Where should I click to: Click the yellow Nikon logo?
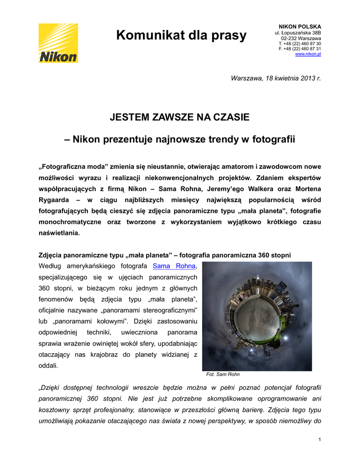coord(58,43)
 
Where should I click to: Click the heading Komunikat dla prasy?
coord(181,35)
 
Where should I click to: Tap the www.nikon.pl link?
coord(308,54)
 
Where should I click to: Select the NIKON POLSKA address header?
coord(299,27)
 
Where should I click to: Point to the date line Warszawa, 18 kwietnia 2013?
coord(276,78)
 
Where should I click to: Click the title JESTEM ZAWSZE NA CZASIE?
coord(180,117)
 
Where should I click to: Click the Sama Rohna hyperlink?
coord(174,266)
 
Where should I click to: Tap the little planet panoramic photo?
coord(257,316)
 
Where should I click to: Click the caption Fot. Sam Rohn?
coord(223,375)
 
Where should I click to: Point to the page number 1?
coord(320,439)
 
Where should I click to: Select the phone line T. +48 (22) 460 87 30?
coord(299,44)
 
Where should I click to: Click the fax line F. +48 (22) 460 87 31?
coord(299,49)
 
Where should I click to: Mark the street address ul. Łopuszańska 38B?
coord(298,33)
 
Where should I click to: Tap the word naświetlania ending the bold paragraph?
coord(59,233)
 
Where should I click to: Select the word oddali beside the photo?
coord(48,365)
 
